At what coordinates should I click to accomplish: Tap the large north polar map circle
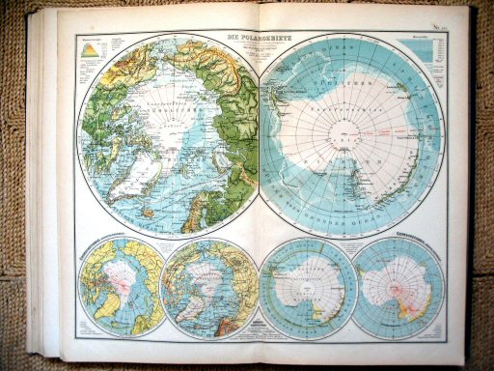tap(170, 136)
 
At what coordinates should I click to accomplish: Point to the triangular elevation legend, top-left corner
tap(90, 49)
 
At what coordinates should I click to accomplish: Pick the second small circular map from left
tap(208, 287)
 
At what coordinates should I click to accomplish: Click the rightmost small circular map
tap(398, 287)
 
